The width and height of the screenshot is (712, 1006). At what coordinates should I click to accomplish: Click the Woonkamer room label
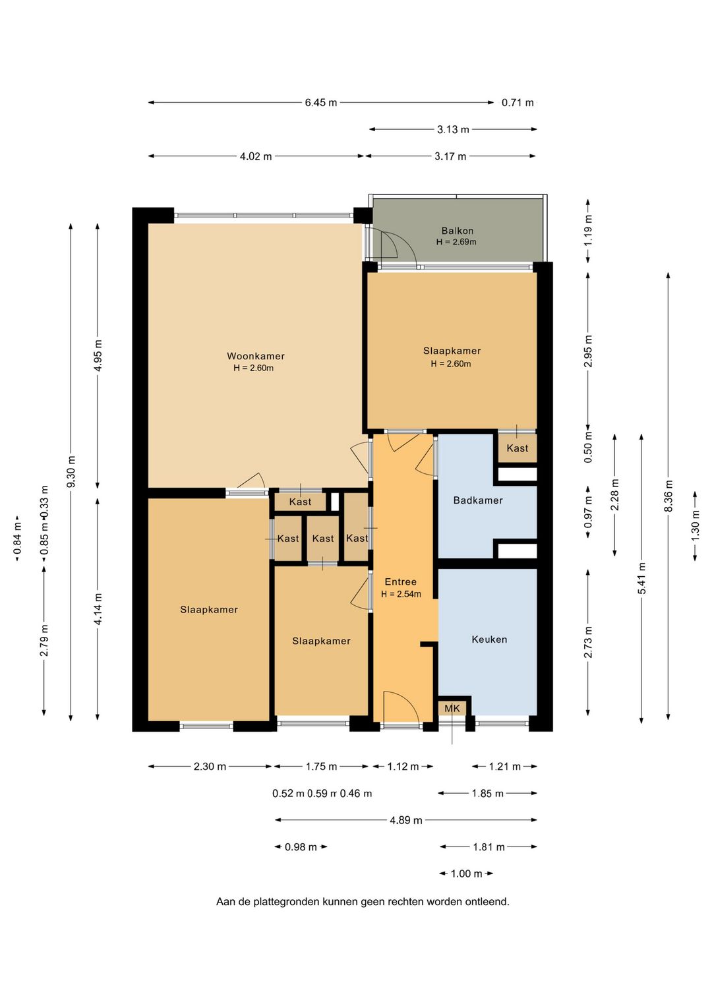click(256, 356)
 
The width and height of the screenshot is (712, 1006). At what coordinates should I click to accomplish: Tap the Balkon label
click(458, 231)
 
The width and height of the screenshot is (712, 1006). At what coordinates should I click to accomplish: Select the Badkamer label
click(478, 500)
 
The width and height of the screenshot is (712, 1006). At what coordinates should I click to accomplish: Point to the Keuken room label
click(489, 639)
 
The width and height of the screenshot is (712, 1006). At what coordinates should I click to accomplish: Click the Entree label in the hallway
click(401, 582)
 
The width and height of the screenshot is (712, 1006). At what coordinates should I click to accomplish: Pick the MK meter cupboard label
click(452, 708)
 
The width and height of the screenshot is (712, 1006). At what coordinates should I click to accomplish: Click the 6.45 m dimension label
click(321, 102)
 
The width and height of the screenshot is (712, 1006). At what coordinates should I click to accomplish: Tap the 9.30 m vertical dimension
click(71, 471)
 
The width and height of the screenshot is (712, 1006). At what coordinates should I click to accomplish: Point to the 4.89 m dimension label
click(406, 821)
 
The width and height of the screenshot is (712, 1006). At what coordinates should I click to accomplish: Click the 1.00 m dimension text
click(466, 874)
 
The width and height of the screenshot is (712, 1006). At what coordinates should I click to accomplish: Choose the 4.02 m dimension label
click(256, 156)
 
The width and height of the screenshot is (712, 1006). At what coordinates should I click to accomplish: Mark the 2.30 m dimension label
click(210, 767)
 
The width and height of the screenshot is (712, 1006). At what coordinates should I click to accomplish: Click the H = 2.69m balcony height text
click(456, 242)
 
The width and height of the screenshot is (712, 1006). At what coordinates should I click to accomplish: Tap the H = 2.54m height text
click(401, 594)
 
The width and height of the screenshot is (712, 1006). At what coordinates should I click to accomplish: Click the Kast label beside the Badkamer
click(518, 448)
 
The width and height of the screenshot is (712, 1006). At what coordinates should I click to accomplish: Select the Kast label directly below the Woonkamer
click(300, 502)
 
